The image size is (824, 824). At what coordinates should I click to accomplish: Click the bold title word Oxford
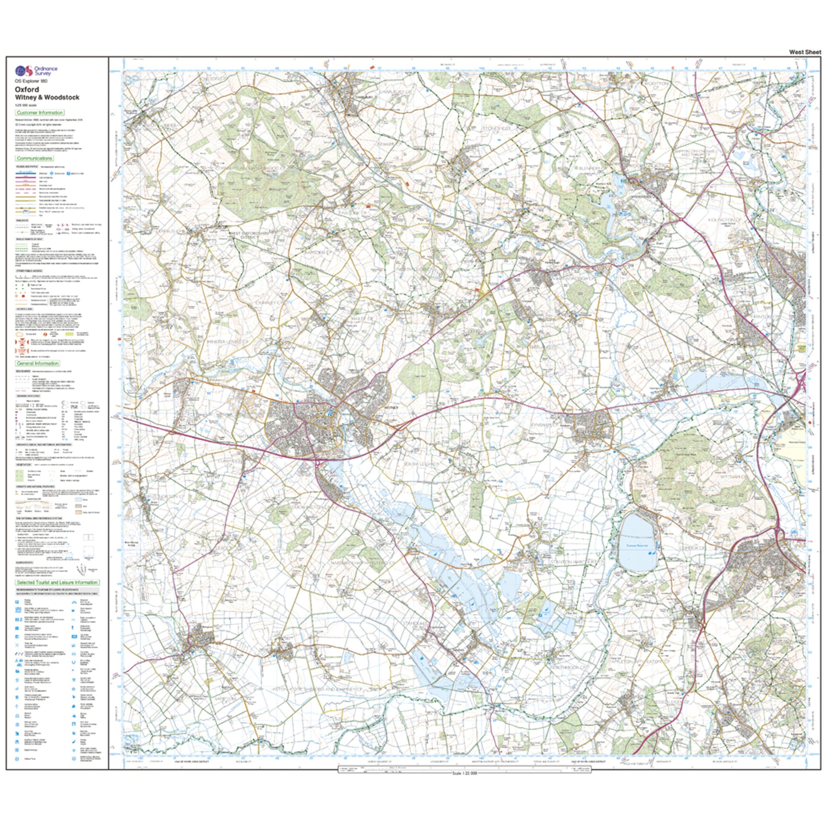point(27,90)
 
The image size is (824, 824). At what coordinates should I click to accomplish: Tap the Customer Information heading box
point(40,113)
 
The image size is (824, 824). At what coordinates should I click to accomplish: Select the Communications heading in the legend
point(35,158)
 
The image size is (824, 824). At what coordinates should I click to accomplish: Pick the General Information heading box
point(38,363)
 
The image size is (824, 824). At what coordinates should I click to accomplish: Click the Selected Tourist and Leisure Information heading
point(57,582)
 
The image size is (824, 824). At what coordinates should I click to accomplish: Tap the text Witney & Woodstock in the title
point(47,97)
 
